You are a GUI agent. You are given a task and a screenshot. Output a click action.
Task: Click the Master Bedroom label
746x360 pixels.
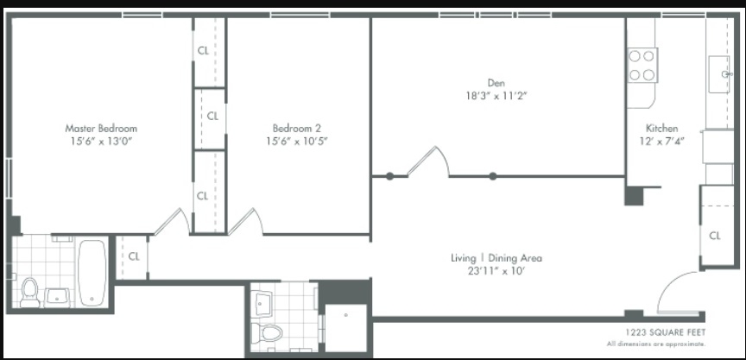(101, 128)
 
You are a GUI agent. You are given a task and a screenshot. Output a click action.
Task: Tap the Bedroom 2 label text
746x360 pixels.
(296, 128)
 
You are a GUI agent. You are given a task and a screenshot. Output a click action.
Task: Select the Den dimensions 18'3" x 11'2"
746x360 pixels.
(496, 96)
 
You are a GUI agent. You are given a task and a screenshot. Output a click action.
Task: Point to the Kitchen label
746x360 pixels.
(661, 128)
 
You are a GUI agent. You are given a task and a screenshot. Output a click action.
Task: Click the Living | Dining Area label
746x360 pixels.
(496, 258)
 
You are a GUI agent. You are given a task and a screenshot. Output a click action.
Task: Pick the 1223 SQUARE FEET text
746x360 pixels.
(665, 332)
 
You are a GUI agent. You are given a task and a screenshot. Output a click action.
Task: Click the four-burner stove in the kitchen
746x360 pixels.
(642, 65)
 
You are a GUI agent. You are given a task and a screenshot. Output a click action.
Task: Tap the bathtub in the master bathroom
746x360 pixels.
(92, 273)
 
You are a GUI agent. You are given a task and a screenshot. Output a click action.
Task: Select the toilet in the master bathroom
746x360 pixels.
(30, 292)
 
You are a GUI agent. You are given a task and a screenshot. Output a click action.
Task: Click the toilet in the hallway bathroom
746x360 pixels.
(267, 332)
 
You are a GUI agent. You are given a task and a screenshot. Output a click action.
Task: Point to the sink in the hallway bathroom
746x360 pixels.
(262, 304)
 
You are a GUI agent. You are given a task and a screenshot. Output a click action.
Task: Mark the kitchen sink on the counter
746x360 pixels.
(719, 74)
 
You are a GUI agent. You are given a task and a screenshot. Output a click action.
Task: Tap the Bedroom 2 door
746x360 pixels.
(246, 222)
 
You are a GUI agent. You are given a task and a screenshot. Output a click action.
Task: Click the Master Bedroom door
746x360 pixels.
(172, 222)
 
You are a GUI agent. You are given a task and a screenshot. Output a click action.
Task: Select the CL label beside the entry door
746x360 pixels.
(715, 236)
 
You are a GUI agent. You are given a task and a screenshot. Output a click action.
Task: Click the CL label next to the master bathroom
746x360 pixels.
(134, 256)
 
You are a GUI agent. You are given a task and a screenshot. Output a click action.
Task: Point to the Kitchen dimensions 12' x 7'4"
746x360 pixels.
(661, 142)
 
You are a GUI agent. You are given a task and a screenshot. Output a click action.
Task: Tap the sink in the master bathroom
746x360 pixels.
(57, 298)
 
